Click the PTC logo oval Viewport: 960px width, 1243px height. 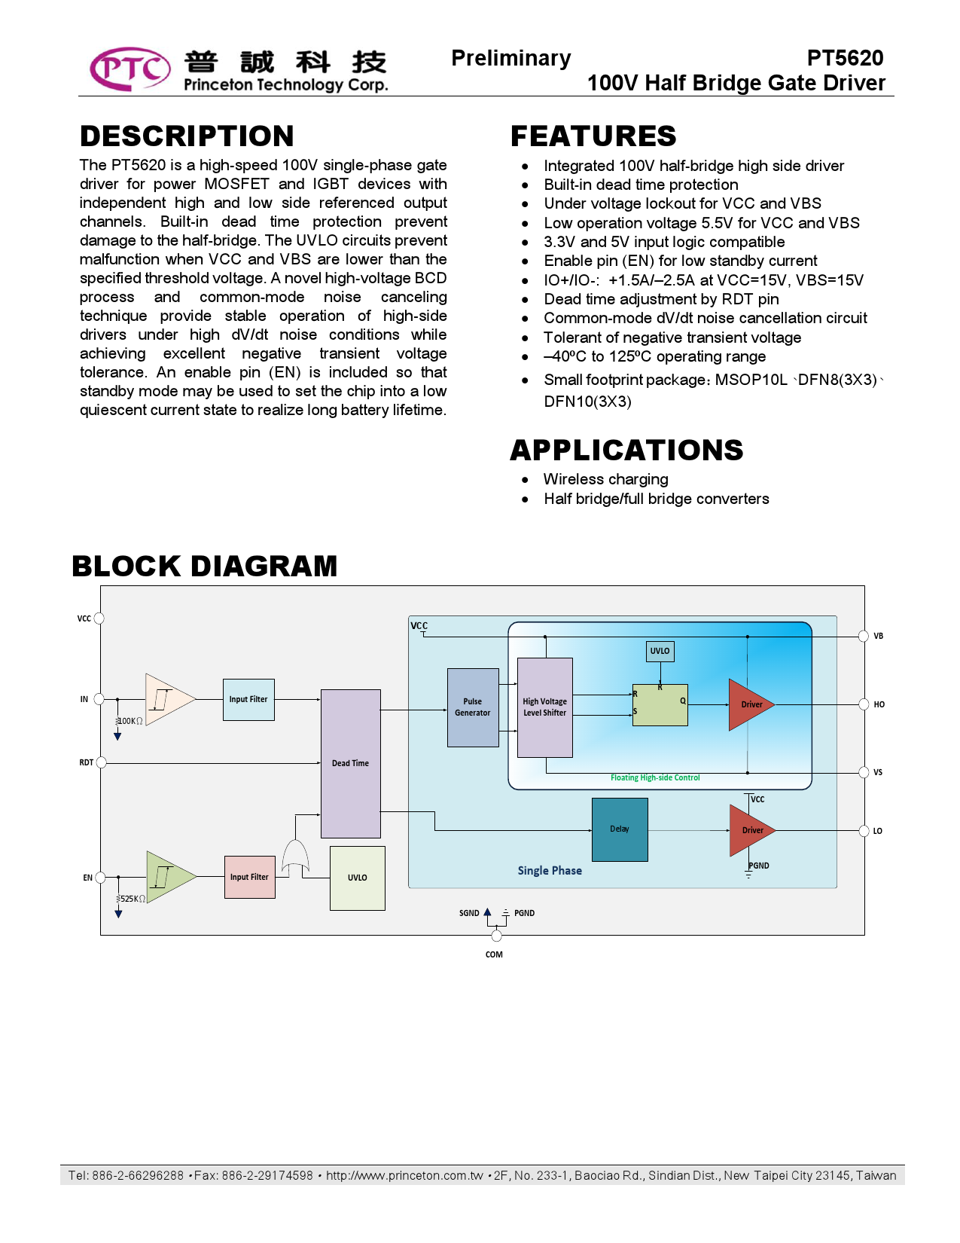pyautogui.click(x=130, y=69)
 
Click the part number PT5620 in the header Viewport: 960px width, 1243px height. pyautogui.click(x=845, y=58)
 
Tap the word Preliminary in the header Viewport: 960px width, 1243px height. pyautogui.click(x=511, y=58)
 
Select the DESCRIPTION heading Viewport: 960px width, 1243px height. pyautogui.click(x=187, y=136)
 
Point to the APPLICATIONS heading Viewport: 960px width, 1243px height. pyautogui.click(x=626, y=450)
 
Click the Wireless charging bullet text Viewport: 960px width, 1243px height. pyautogui.click(x=605, y=479)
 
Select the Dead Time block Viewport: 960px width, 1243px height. pyautogui.click(x=351, y=763)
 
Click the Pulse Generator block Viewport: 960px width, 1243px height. pyautogui.click(x=473, y=707)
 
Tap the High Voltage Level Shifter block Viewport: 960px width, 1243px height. pyautogui.click(x=545, y=707)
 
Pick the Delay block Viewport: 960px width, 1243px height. pyautogui.click(x=620, y=829)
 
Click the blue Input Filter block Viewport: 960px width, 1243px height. pyautogui.click(x=248, y=699)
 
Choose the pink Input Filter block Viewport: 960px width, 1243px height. pyautogui.click(x=249, y=877)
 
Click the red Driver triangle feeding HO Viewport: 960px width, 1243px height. pyautogui.click(x=749, y=704)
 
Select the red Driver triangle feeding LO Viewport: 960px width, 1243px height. pyautogui.click(x=750, y=830)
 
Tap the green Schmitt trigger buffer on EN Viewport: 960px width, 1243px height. pyautogui.click(x=169, y=877)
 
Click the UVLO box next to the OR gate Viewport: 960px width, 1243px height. pyautogui.click(x=358, y=878)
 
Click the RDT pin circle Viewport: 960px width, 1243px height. pyautogui.click(x=102, y=762)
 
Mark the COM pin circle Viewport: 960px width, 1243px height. pyautogui.click(x=496, y=936)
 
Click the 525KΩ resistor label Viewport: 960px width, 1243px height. pyautogui.click(x=133, y=899)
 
